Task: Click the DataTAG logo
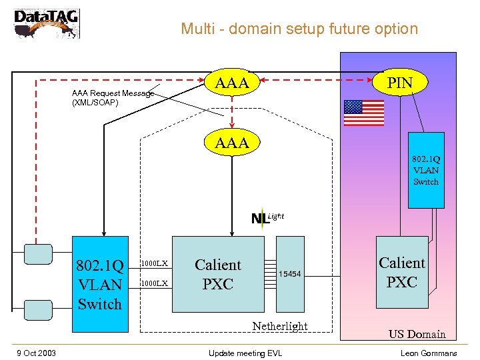[x=46, y=23]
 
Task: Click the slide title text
[x=299, y=29]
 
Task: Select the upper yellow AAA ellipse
[x=232, y=83]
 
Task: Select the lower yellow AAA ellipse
[x=232, y=142]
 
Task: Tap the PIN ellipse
[x=401, y=83]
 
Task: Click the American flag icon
[x=364, y=113]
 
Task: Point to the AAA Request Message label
[x=112, y=98]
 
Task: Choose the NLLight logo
[x=267, y=217]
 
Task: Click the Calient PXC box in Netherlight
[x=218, y=274]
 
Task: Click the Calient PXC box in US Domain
[x=402, y=272]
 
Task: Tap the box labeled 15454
[x=290, y=274]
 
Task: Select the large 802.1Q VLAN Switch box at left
[x=100, y=284]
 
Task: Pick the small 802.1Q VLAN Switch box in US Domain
[x=426, y=170]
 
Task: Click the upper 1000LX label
[x=154, y=263]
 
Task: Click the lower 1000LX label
[x=154, y=283]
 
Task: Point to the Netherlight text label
[x=279, y=326]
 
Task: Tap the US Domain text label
[x=417, y=334]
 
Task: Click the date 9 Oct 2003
[x=36, y=353]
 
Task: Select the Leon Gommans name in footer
[x=429, y=353]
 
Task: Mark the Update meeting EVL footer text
[x=245, y=353]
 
